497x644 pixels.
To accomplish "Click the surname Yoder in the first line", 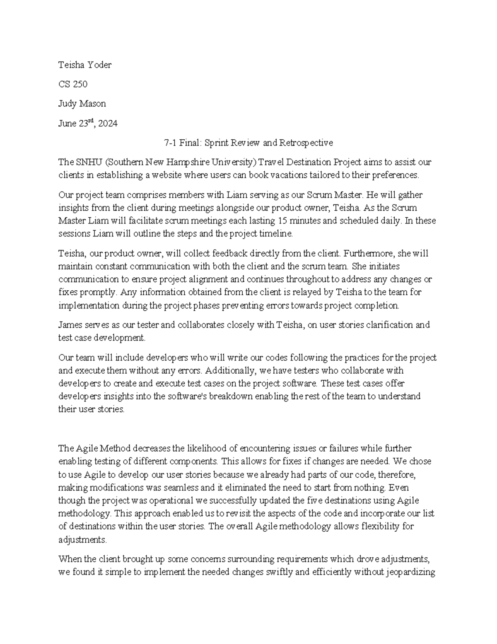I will click(98, 65).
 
